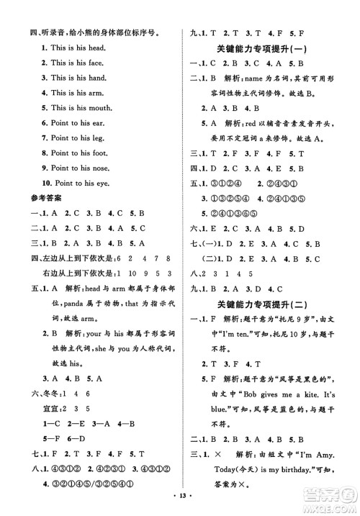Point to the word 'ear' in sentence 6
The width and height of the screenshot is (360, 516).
[96, 123]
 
